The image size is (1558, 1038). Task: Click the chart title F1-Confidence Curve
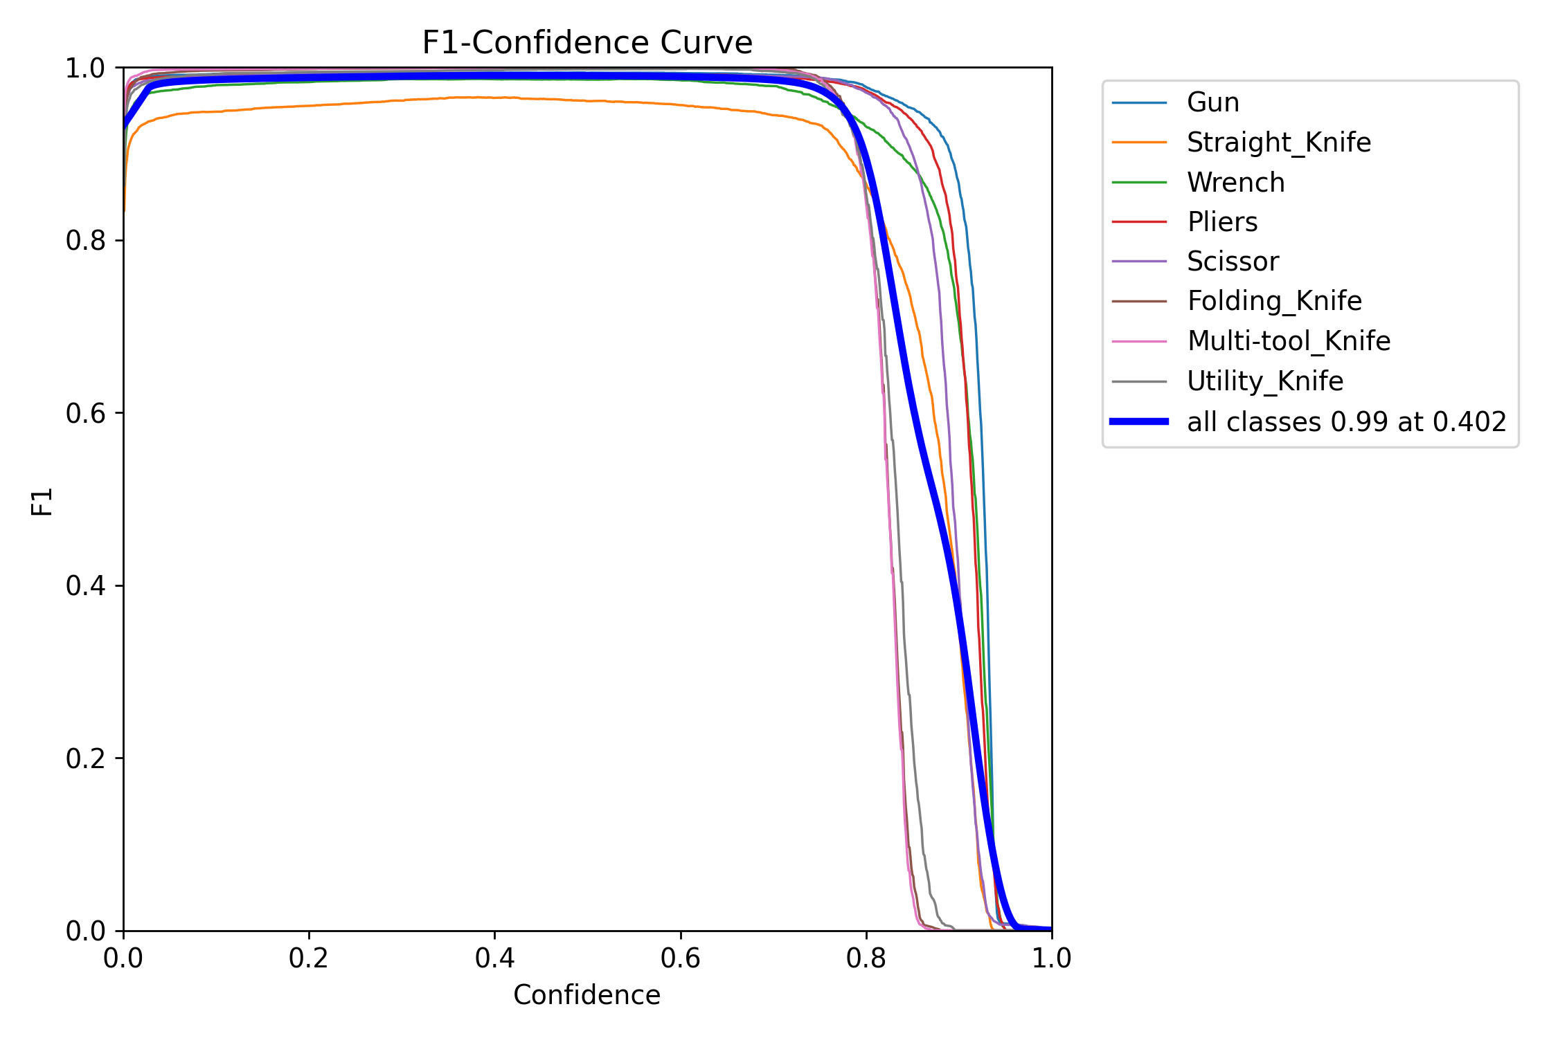587,43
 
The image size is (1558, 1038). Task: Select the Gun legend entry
1212,102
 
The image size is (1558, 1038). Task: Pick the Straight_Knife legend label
1278,143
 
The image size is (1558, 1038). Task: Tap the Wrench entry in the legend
1235,183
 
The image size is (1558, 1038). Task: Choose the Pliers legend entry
1222,222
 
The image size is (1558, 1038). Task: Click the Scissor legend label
1233,262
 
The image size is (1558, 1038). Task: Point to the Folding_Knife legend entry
1274,301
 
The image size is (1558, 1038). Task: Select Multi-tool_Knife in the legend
1288,341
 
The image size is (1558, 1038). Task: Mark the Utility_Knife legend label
1264,381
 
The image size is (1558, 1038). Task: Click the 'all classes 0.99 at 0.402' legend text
1346,421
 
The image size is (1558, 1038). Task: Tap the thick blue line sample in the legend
1139,421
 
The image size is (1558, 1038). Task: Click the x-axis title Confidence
587,994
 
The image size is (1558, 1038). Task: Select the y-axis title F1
42,501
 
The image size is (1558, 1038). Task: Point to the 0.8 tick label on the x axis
866,958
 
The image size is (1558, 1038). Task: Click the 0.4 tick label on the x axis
494,958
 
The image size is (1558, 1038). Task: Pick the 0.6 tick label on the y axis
85,413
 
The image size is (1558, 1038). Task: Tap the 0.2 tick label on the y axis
85,758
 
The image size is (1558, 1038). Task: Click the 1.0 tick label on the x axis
1051,958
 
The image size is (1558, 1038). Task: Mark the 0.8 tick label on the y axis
85,241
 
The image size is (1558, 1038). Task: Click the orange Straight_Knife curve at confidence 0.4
494,98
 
